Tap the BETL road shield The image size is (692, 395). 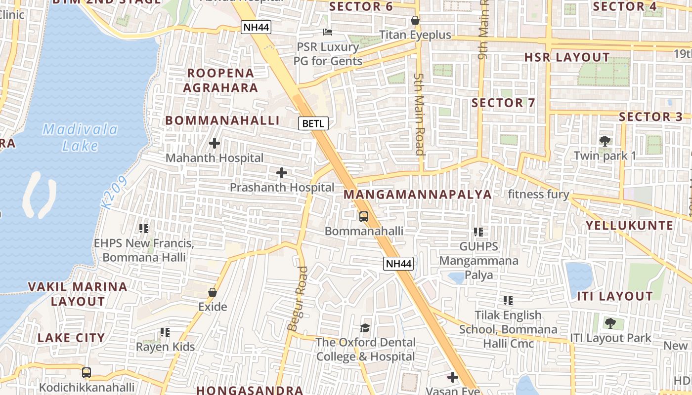(313, 123)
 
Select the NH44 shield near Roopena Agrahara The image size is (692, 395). (256, 27)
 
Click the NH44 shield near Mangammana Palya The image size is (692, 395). (398, 264)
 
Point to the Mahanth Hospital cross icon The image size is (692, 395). (215, 144)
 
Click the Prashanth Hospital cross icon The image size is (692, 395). (282, 173)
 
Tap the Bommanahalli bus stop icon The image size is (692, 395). (364, 216)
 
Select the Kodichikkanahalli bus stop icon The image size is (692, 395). (86, 372)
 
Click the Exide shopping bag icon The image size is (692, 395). (213, 292)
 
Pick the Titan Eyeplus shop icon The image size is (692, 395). (415, 21)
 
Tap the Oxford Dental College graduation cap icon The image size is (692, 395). (365, 328)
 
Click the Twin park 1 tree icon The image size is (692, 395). (605, 141)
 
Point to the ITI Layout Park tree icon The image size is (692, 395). (610, 323)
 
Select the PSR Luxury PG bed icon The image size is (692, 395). (327, 33)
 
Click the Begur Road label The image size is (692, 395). (297, 299)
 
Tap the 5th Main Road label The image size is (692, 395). (420, 114)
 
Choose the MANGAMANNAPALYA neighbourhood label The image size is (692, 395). (418, 195)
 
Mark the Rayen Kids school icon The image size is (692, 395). (165, 332)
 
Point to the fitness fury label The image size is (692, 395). (539, 194)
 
